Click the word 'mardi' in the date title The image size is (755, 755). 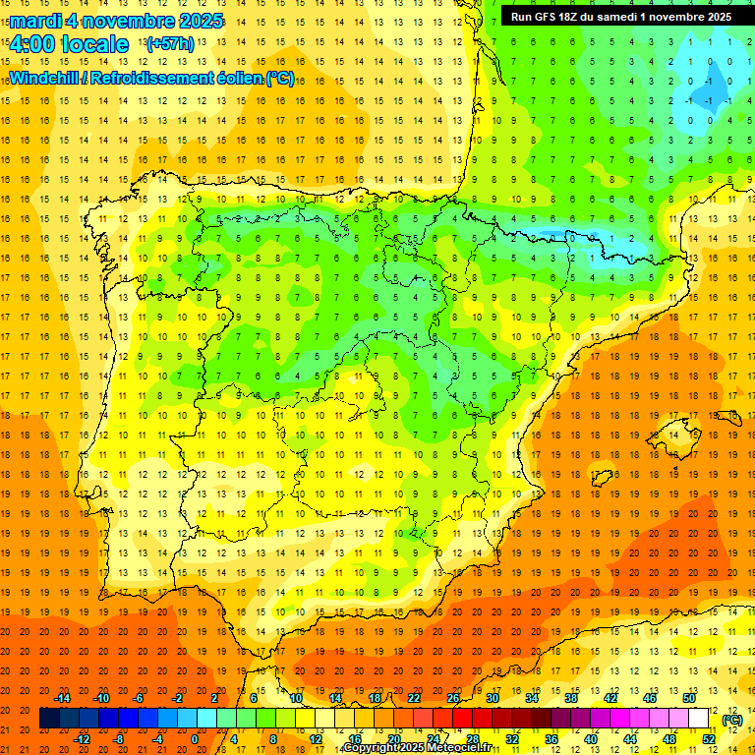click(34, 21)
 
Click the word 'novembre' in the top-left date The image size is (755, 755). click(128, 21)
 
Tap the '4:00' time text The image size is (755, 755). click(31, 44)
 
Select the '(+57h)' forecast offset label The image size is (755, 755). click(169, 44)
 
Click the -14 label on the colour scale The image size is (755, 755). click(63, 698)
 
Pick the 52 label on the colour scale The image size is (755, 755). click(709, 739)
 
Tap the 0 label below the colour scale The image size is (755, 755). click(195, 739)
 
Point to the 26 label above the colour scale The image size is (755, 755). click(453, 698)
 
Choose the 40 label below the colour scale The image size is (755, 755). click(590, 739)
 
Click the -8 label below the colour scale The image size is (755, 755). click(118, 739)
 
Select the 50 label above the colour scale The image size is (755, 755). click(688, 698)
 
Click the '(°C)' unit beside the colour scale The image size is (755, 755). click(732, 720)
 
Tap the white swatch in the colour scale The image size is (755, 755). click(698, 719)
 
